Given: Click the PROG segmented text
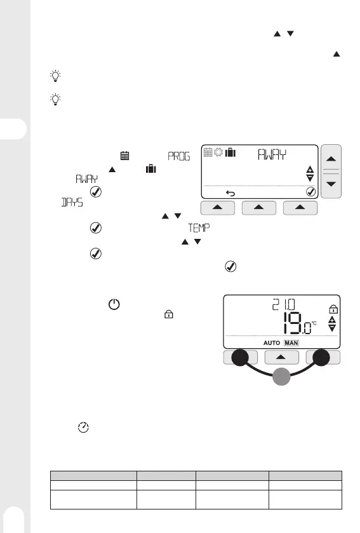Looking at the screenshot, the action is (x=179, y=156).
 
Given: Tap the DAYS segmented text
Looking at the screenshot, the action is (x=72, y=202).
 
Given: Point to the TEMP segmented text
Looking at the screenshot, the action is (x=199, y=228).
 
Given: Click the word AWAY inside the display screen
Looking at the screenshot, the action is (x=272, y=154).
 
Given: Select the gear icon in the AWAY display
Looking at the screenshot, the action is (x=218, y=152).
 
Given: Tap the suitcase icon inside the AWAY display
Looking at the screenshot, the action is (x=230, y=152).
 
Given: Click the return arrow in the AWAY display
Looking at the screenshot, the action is (x=230, y=193).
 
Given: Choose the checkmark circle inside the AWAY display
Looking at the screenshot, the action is (x=310, y=192).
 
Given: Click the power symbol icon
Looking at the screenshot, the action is (x=114, y=304).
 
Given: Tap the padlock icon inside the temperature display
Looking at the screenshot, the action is (x=333, y=309).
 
